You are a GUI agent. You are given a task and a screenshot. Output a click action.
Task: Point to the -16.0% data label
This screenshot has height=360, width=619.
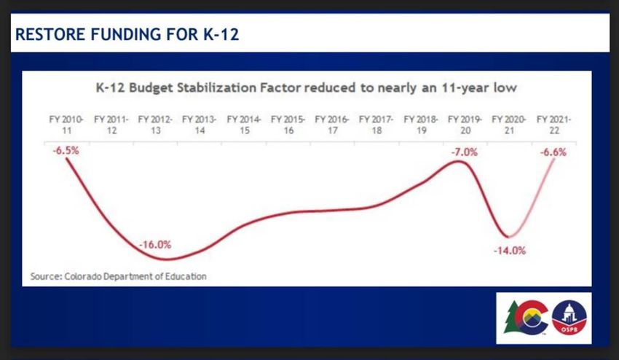tap(155, 245)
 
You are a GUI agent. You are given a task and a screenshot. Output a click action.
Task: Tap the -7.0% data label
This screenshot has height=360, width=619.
tap(464, 152)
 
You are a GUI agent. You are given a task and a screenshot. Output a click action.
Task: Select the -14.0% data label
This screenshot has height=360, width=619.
tap(509, 249)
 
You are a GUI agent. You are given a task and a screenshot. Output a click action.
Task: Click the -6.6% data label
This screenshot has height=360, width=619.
tap(553, 152)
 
